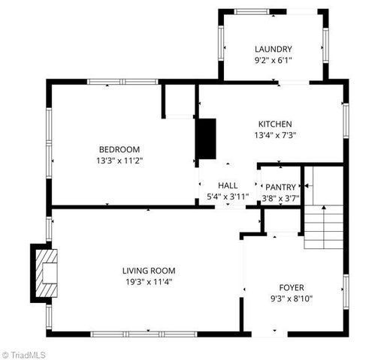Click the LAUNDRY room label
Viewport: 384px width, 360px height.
(x=273, y=49)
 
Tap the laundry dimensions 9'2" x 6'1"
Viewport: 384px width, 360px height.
(x=273, y=60)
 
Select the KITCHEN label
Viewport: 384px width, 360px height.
(x=275, y=124)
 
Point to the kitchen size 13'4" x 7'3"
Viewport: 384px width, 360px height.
(x=275, y=135)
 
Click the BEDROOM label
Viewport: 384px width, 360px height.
(x=119, y=148)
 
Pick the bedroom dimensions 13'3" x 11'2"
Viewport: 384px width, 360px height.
(x=119, y=160)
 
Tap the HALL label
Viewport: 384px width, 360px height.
(x=228, y=185)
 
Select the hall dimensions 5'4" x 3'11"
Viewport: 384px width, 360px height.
(x=228, y=196)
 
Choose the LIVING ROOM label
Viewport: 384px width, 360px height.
(x=149, y=270)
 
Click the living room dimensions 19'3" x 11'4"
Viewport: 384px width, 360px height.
(x=149, y=281)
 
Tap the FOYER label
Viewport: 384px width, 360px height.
(x=292, y=287)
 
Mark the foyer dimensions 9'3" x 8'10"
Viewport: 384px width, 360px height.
(x=292, y=298)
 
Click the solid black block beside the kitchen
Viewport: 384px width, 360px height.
(x=206, y=139)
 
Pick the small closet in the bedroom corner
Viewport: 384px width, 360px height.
(x=179, y=100)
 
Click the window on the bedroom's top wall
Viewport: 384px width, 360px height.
(x=111, y=82)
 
